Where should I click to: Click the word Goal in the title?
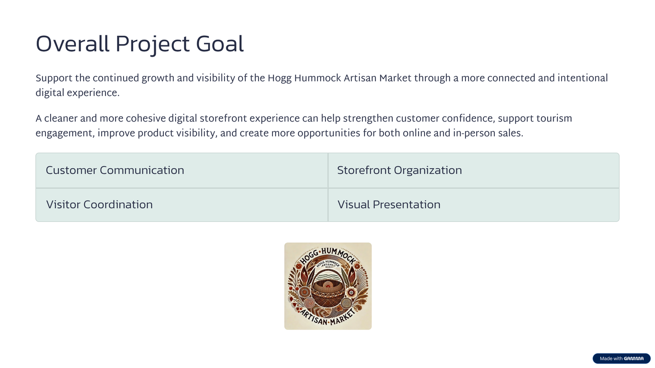click(220, 44)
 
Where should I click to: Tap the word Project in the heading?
click(152, 45)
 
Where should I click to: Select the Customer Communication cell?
click(182, 170)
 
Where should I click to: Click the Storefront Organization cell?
click(473, 170)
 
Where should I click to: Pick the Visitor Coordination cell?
click(182, 205)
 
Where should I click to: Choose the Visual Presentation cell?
click(473, 205)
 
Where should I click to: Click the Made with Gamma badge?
click(621, 358)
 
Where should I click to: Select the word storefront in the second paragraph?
click(224, 118)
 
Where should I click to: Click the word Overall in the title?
click(72, 44)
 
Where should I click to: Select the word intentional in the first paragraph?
click(583, 78)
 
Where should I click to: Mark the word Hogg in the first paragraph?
click(279, 78)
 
